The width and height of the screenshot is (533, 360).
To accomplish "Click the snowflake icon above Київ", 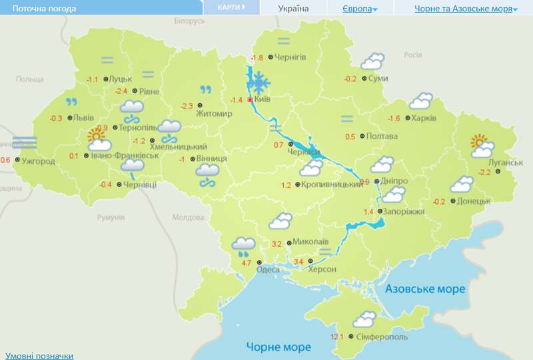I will click(259, 83).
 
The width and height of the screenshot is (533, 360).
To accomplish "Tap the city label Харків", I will click(424, 118).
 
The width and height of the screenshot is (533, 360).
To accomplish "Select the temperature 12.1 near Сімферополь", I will click(336, 337).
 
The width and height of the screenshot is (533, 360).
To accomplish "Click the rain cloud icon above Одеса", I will click(243, 247).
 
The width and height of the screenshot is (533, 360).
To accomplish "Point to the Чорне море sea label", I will click(278, 347).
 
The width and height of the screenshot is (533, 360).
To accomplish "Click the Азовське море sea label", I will click(424, 289).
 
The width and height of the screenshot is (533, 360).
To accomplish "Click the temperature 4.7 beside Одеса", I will click(246, 263).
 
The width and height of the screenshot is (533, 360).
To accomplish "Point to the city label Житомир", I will click(214, 114).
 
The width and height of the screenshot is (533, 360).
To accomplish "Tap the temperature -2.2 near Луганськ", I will click(484, 172).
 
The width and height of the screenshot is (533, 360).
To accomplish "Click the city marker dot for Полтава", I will click(362, 137).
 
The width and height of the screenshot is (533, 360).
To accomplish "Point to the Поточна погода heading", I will click(40, 9).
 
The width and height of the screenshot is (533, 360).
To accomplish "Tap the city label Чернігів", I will click(290, 57).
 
